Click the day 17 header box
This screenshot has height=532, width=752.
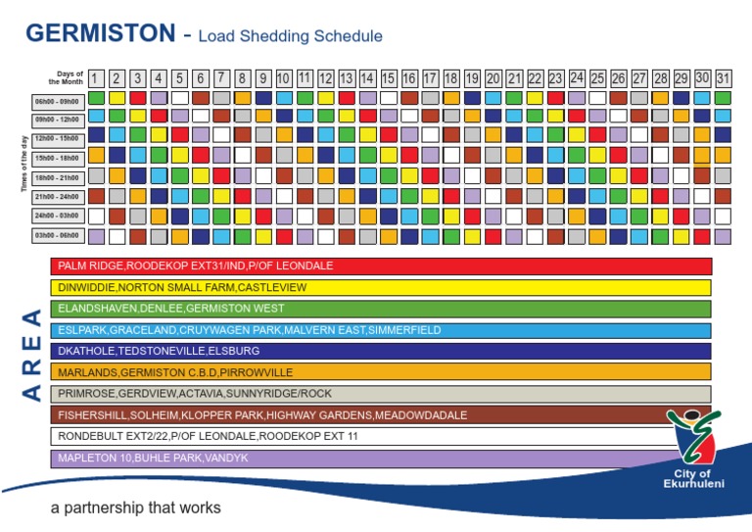(x=430, y=77)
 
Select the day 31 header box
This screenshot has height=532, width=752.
(x=723, y=77)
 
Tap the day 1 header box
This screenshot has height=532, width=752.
(x=96, y=77)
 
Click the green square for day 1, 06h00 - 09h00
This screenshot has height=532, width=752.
(x=96, y=98)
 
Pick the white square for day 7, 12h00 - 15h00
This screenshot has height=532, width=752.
(x=221, y=134)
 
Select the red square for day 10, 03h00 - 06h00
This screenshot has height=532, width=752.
(x=284, y=236)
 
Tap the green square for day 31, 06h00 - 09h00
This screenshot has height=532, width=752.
(x=723, y=98)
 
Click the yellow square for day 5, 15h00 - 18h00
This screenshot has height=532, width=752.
(x=179, y=155)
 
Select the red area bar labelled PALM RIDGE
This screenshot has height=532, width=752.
(x=381, y=266)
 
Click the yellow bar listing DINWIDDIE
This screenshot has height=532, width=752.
(x=381, y=287)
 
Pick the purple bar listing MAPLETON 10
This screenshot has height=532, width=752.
(x=362, y=459)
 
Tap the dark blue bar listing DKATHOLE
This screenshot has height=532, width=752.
(x=381, y=351)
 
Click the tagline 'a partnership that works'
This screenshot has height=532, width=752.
(x=136, y=508)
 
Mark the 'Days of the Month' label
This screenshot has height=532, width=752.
(x=70, y=77)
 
